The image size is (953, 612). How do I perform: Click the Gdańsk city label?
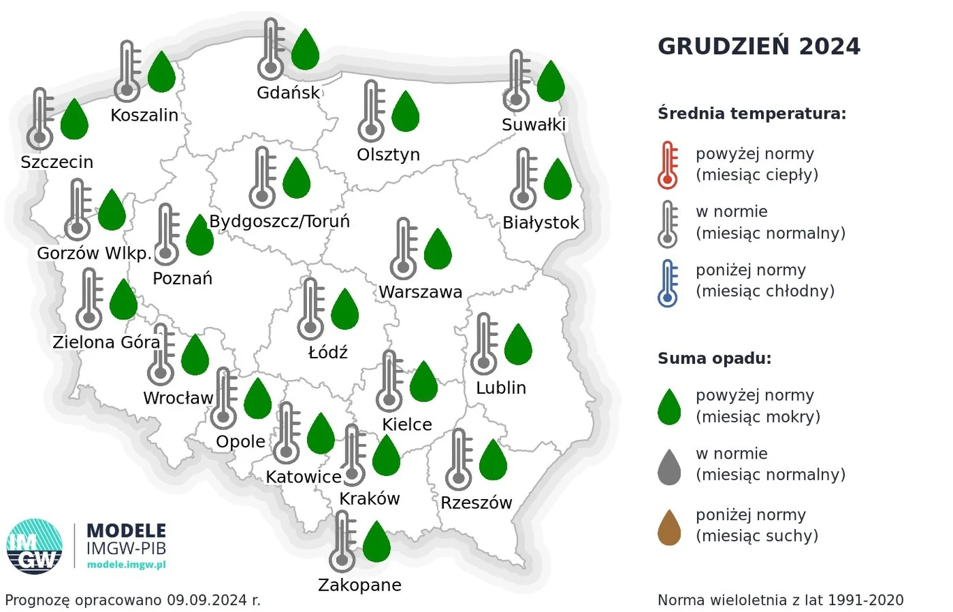[x=288, y=93]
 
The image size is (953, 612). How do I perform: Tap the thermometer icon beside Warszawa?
[x=403, y=249]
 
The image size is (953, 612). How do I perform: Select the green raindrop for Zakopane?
[x=377, y=541]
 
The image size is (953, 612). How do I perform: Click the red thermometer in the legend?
[x=668, y=165]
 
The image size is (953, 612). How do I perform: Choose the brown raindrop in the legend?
[x=669, y=527]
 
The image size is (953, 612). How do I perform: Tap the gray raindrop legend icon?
[x=669, y=466]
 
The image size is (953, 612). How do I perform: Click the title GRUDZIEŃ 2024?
[x=759, y=47]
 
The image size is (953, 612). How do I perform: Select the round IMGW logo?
[x=34, y=546]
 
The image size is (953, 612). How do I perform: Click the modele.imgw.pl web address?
[x=126, y=563]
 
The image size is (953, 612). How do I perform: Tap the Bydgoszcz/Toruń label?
[x=279, y=222]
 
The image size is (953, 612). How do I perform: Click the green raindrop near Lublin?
[x=518, y=344]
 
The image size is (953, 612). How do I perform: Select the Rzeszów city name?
[x=476, y=502]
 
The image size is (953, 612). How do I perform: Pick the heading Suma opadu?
[x=714, y=359]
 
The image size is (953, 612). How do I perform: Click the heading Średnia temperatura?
[x=751, y=114]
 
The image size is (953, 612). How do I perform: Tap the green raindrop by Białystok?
[x=557, y=179]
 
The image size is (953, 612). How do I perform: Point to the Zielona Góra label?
[x=106, y=342]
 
